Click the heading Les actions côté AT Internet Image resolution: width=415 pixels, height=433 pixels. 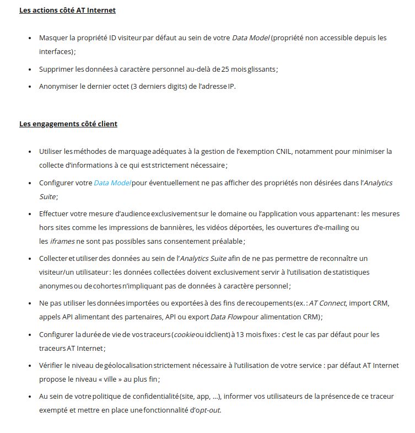(x=67, y=10)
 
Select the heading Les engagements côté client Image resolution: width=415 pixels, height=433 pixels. (x=68, y=124)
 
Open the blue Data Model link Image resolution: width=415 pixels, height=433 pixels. (x=112, y=183)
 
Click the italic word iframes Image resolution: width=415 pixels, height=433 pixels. (x=62, y=241)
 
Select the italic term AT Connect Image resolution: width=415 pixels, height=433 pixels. (x=327, y=303)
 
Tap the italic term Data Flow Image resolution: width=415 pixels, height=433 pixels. (x=226, y=317)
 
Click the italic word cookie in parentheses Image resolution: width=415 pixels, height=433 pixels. (x=185, y=334)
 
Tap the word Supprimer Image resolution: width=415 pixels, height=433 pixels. (x=56, y=69)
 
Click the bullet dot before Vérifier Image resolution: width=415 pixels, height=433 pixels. (x=29, y=365)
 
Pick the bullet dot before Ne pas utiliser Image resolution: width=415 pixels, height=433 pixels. (x=29, y=303)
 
